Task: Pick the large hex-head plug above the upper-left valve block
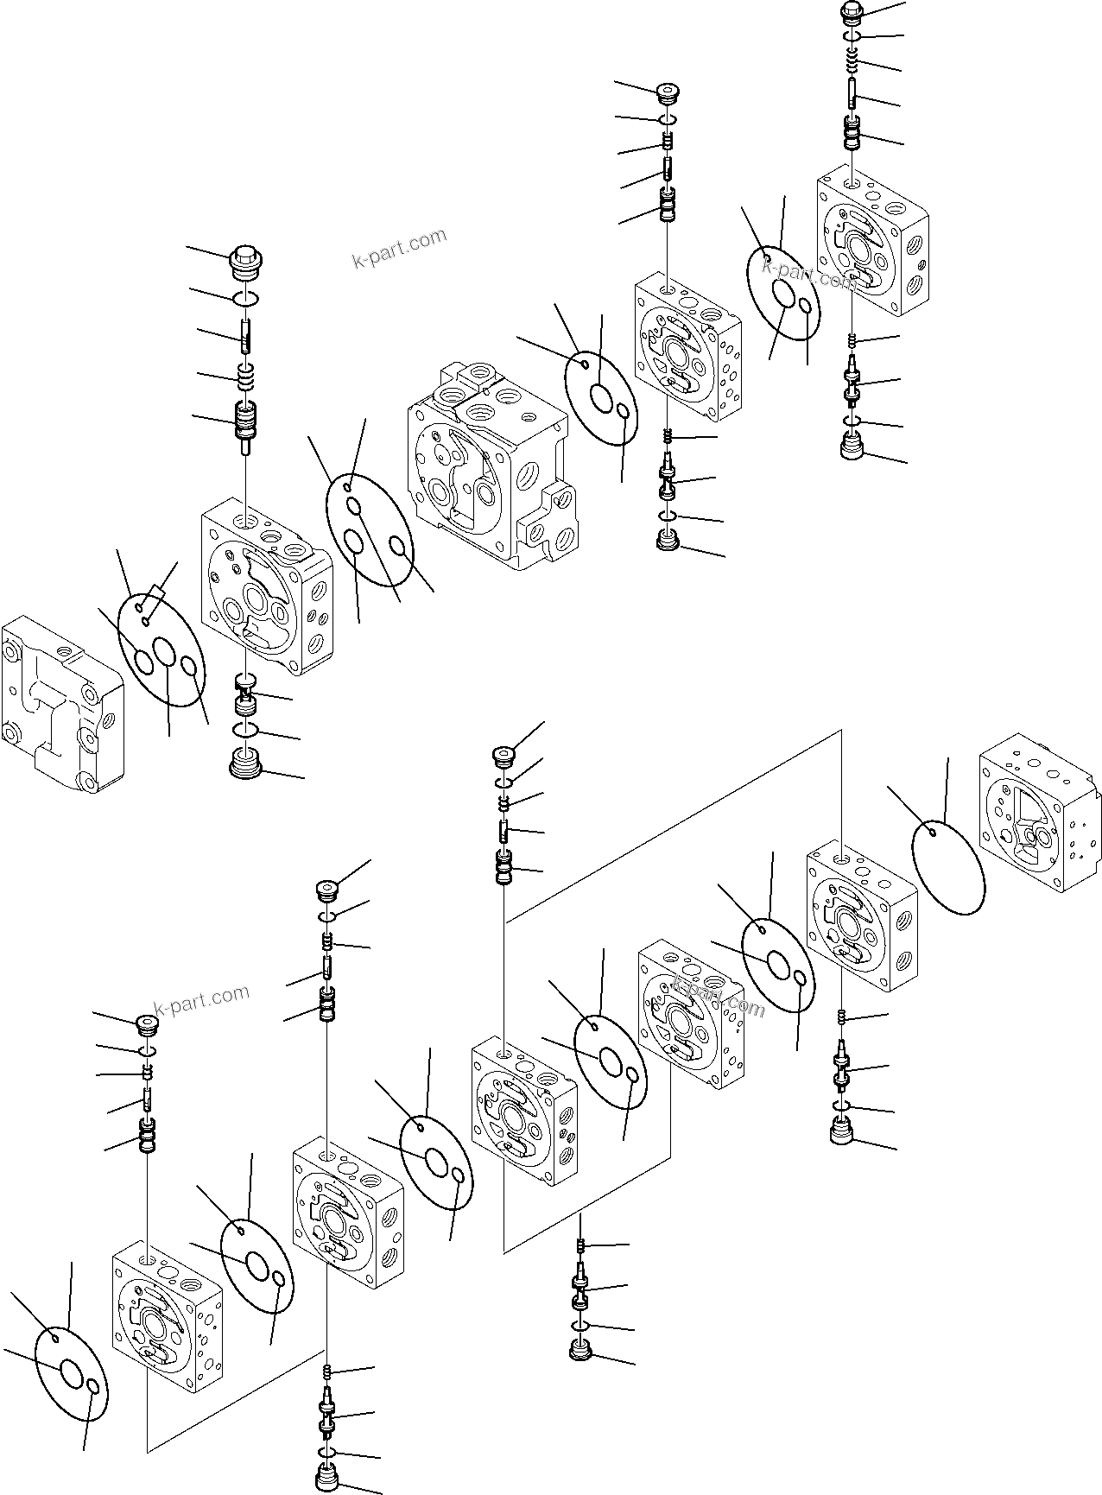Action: pos(246,260)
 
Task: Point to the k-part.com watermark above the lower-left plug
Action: pos(201,1001)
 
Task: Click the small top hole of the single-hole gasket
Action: pos(932,833)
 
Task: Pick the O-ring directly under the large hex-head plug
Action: pos(246,299)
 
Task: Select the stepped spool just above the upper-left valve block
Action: pos(247,423)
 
